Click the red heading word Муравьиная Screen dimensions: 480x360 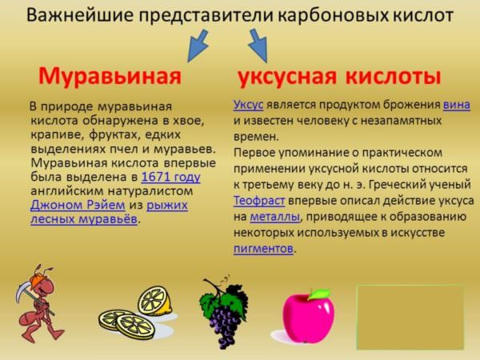click(110, 76)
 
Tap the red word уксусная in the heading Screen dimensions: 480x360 click(287, 77)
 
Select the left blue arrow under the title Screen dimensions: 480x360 click(198, 46)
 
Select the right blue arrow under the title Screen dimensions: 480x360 click(258, 46)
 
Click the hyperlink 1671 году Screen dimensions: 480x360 click(171, 178)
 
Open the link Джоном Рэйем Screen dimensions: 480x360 click(78, 205)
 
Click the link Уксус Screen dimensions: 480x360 click(248, 105)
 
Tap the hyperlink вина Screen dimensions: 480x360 click(457, 105)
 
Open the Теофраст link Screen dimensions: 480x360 click(259, 201)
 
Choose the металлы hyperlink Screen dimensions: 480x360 click(275, 217)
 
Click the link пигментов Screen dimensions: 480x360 click(263, 248)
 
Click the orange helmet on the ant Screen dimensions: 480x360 click(38, 281)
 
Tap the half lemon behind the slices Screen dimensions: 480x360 click(154, 301)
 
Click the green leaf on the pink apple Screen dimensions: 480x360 click(319, 294)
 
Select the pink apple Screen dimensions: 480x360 click(308, 317)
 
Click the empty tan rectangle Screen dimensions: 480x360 click(410, 317)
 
